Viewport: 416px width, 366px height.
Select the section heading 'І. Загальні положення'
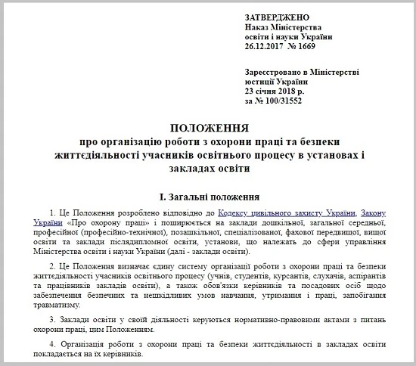click(x=207, y=185)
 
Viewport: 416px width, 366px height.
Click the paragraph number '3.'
click(x=50, y=322)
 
